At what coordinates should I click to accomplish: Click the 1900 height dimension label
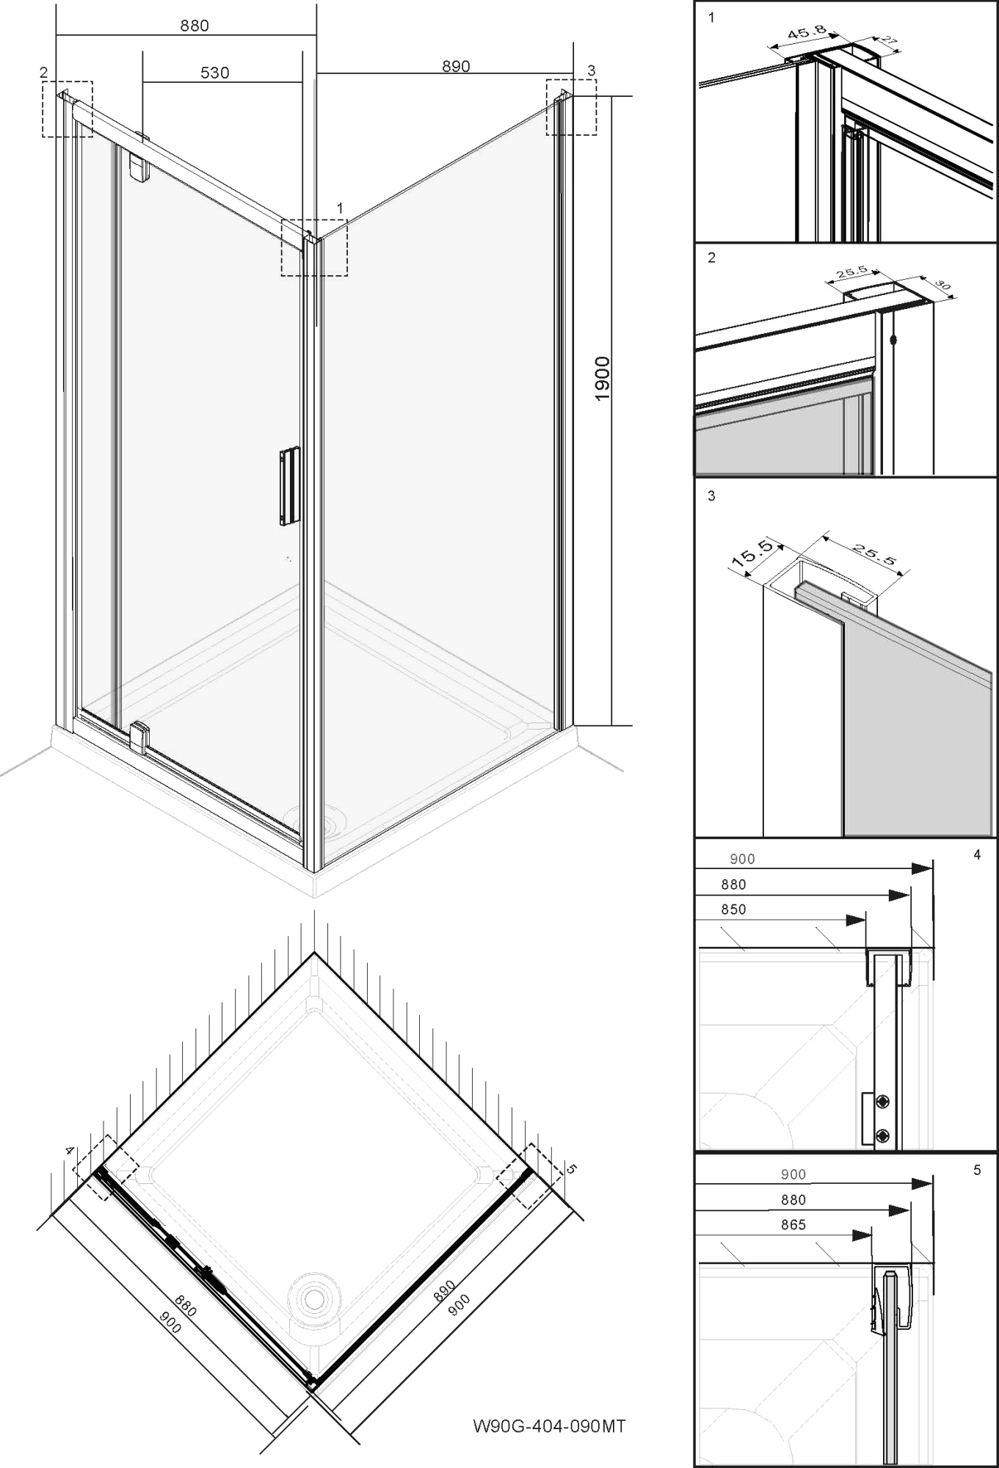[x=602, y=379]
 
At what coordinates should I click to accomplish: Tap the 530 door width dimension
[x=214, y=73]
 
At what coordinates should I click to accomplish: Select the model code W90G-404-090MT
[x=550, y=1426]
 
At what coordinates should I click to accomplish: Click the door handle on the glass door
[x=289, y=486]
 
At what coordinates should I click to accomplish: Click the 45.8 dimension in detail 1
[x=807, y=33]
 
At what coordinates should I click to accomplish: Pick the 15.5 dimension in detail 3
[x=752, y=554]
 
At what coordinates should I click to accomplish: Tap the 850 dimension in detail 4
[x=733, y=909]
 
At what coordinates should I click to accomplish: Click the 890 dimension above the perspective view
[x=456, y=66]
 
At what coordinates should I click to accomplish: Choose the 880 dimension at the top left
[x=195, y=26]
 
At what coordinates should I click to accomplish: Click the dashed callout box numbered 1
[x=314, y=247]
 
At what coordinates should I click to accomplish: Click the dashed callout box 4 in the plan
[x=103, y=1168]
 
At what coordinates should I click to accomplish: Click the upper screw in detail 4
[x=884, y=1102]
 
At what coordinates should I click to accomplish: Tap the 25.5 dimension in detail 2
[x=851, y=272]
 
